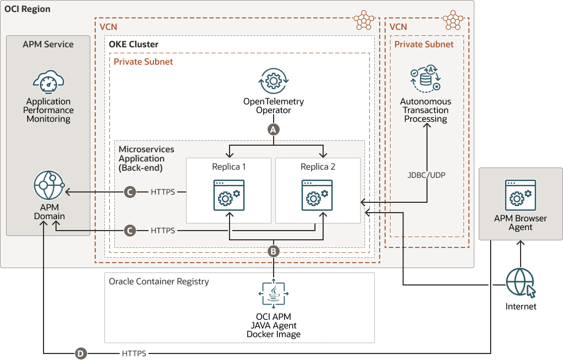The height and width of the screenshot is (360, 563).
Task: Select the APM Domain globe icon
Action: [x=49, y=187]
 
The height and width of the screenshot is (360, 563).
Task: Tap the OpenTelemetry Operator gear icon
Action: [x=274, y=82]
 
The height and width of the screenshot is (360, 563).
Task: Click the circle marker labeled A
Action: [x=274, y=129]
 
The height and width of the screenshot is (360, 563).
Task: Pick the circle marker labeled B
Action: [x=274, y=251]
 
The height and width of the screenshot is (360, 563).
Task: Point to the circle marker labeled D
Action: [x=81, y=353]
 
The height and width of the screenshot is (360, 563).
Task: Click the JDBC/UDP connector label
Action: [x=425, y=176]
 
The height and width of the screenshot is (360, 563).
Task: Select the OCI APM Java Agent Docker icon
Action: [x=274, y=294]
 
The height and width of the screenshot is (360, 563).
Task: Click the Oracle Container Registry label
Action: [x=159, y=281]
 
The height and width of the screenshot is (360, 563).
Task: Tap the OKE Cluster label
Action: [x=133, y=44]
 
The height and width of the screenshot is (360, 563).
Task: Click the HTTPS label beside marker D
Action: [x=134, y=353]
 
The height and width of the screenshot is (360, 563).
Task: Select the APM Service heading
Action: [x=48, y=44]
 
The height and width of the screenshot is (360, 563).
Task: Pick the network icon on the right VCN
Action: [x=453, y=20]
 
